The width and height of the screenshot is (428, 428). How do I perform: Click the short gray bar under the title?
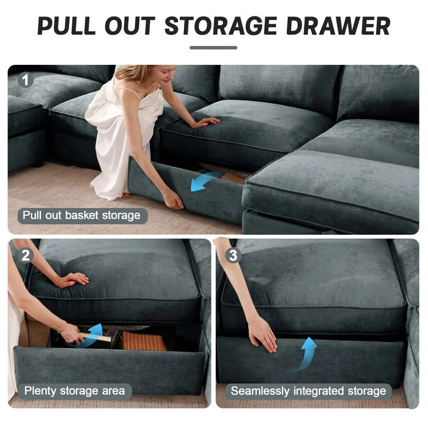point(213,48)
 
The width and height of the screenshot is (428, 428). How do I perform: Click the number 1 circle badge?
point(25,80)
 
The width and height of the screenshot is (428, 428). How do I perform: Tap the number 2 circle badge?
point(25,256)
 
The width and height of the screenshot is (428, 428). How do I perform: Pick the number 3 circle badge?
point(232,256)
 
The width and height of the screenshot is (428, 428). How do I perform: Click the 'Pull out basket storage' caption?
point(81,215)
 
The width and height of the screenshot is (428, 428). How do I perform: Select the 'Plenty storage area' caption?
point(74,390)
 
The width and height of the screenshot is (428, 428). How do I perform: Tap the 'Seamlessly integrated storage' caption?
point(308,390)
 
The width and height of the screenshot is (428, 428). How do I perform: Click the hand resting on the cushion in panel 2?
point(72,279)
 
